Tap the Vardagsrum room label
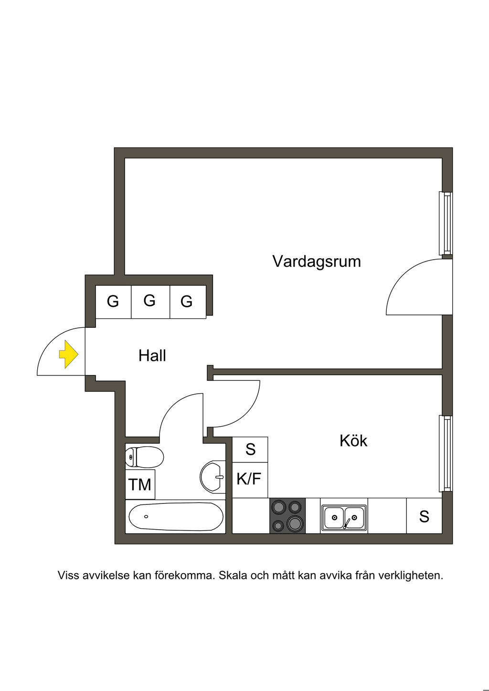click(316, 262)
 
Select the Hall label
click(152, 356)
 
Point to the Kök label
click(353, 440)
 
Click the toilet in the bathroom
click(144, 457)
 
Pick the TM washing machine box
click(140, 484)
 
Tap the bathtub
click(176, 517)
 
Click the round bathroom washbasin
click(213, 476)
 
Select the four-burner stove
click(287, 516)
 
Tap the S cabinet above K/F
click(250, 449)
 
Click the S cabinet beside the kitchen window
click(424, 516)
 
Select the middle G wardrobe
click(150, 301)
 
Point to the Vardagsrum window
click(446, 223)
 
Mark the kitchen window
click(446, 453)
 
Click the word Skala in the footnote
click(231, 576)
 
